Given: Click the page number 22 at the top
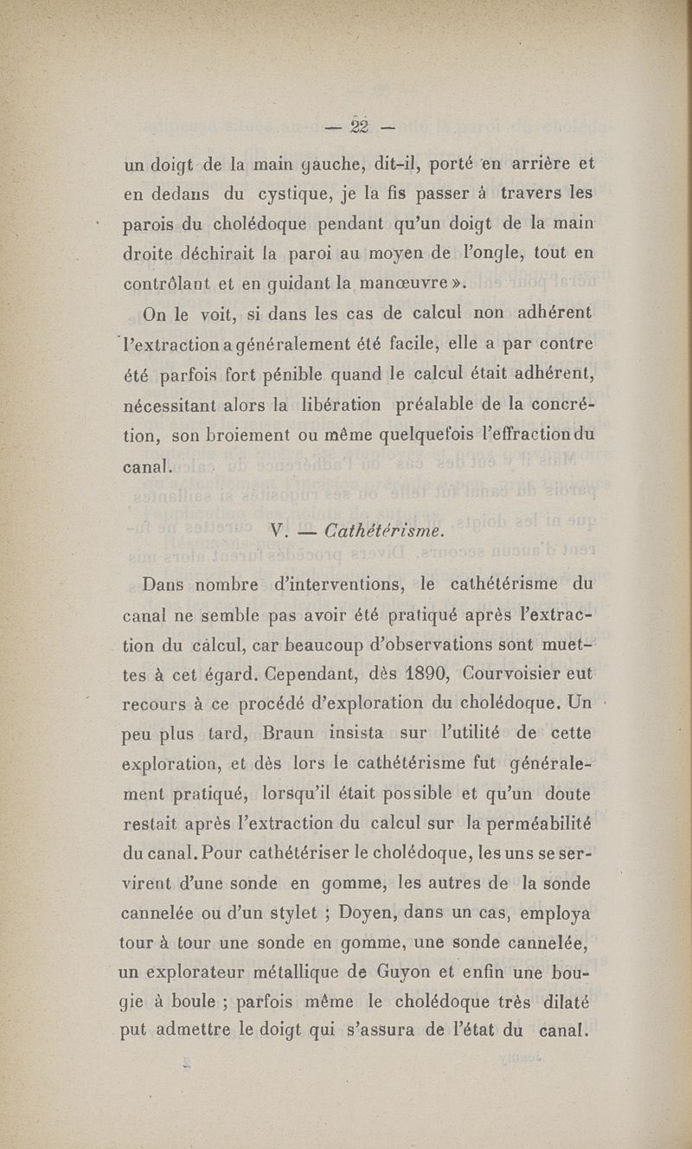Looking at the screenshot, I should [359, 126].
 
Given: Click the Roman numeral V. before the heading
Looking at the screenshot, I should [278, 530].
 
